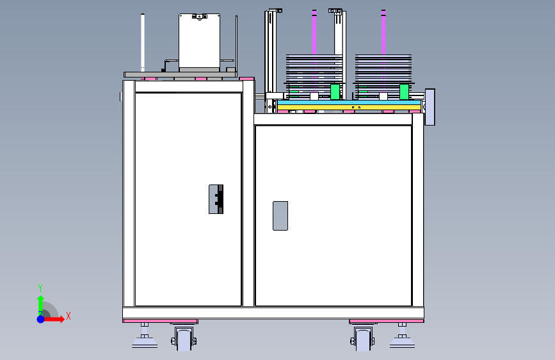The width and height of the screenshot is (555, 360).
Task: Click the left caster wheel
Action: point(184,339)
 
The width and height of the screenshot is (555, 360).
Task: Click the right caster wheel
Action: point(363,339)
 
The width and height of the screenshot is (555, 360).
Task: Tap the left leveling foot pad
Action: point(145,342)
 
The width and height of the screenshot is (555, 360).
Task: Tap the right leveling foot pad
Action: point(402,342)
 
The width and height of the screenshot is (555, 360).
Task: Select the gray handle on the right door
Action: point(280,216)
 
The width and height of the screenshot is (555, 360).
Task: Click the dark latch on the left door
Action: point(216,199)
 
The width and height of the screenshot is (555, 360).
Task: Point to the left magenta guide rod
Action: point(314,32)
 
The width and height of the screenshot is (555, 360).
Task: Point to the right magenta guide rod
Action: point(383,32)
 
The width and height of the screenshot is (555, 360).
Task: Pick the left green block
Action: point(335,92)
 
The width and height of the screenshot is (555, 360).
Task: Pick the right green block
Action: point(404,92)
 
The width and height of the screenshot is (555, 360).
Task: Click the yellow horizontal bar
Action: point(349,108)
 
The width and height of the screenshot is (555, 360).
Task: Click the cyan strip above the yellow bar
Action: point(349,102)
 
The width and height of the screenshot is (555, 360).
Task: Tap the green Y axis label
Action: point(40,288)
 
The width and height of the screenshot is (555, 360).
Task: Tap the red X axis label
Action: point(68,316)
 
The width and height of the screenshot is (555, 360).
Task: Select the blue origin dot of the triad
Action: point(41,319)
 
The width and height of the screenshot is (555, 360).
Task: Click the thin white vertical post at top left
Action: point(143,42)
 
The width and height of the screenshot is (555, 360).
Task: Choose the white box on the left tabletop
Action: point(200,41)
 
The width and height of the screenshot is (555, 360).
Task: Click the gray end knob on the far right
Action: point(430,107)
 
